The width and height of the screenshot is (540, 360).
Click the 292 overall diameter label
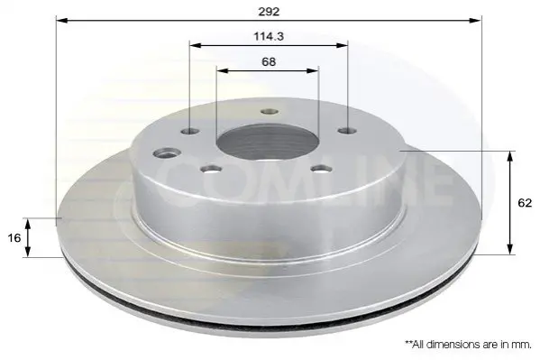[x=269, y=12]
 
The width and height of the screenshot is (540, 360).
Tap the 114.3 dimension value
[x=269, y=36]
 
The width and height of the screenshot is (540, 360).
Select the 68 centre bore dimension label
[x=269, y=62]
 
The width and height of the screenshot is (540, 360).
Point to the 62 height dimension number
[x=525, y=203]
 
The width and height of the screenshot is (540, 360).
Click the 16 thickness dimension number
[x=14, y=238]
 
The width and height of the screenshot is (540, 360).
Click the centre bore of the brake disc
[x=269, y=142]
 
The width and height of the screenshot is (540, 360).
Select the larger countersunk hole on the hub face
[x=168, y=152]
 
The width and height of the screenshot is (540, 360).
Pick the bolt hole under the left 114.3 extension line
[x=190, y=132]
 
